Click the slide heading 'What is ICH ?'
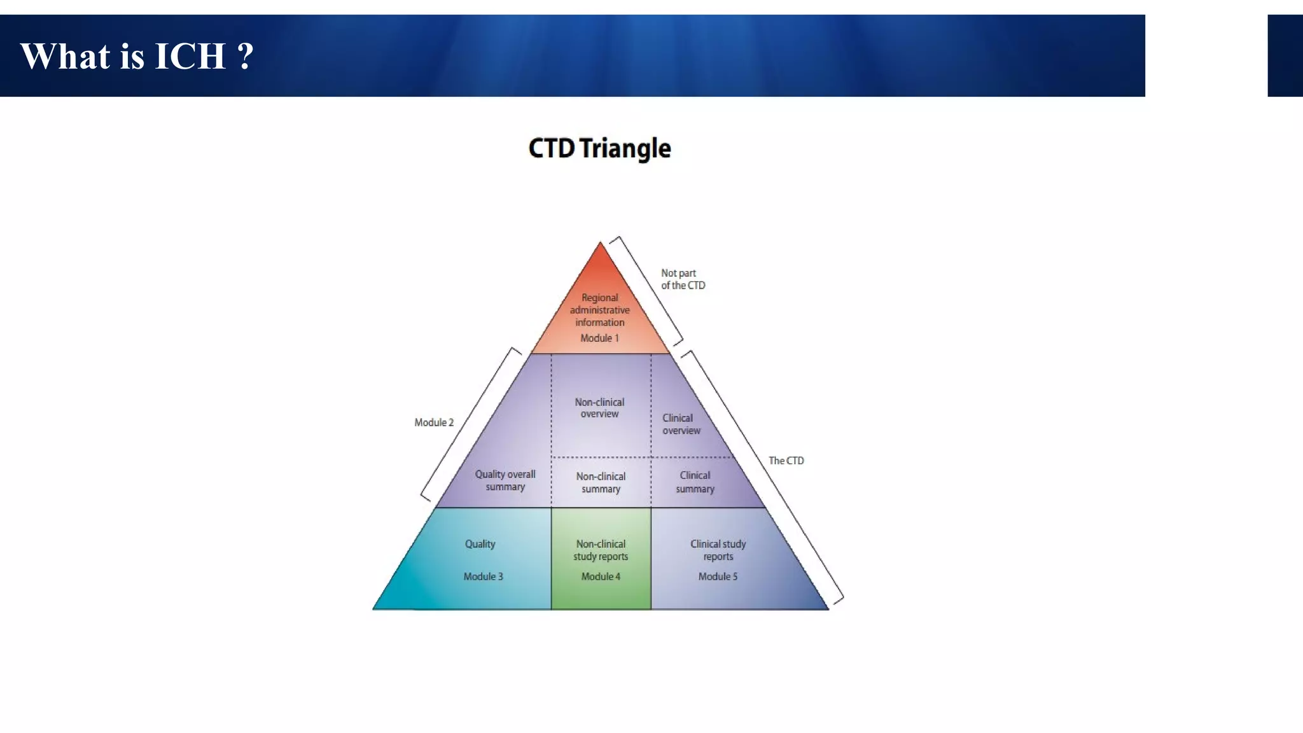pos(137,56)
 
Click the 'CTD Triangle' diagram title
pos(599,148)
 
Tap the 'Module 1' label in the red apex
pos(599,338)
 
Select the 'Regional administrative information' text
pos(599,310)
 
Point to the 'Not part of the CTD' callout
pos(683,279)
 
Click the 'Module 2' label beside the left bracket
pos(434,422)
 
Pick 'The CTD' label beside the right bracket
pos(786,461)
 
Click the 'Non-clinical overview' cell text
pos(599,408)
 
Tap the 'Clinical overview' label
pos(680,424)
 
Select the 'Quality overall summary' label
pos(505,480)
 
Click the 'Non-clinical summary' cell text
pos(601,482)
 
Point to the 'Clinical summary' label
pos(695,482)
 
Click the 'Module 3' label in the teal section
pos(483,576)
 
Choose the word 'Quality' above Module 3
pos(480,544)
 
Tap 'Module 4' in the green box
pos(601,576)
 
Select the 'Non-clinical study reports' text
pos(601,550)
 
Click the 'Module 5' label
pos(718,576)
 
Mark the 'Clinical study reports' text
pos(718,550)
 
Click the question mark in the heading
pos(246,56)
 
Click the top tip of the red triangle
pos(600,244)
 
